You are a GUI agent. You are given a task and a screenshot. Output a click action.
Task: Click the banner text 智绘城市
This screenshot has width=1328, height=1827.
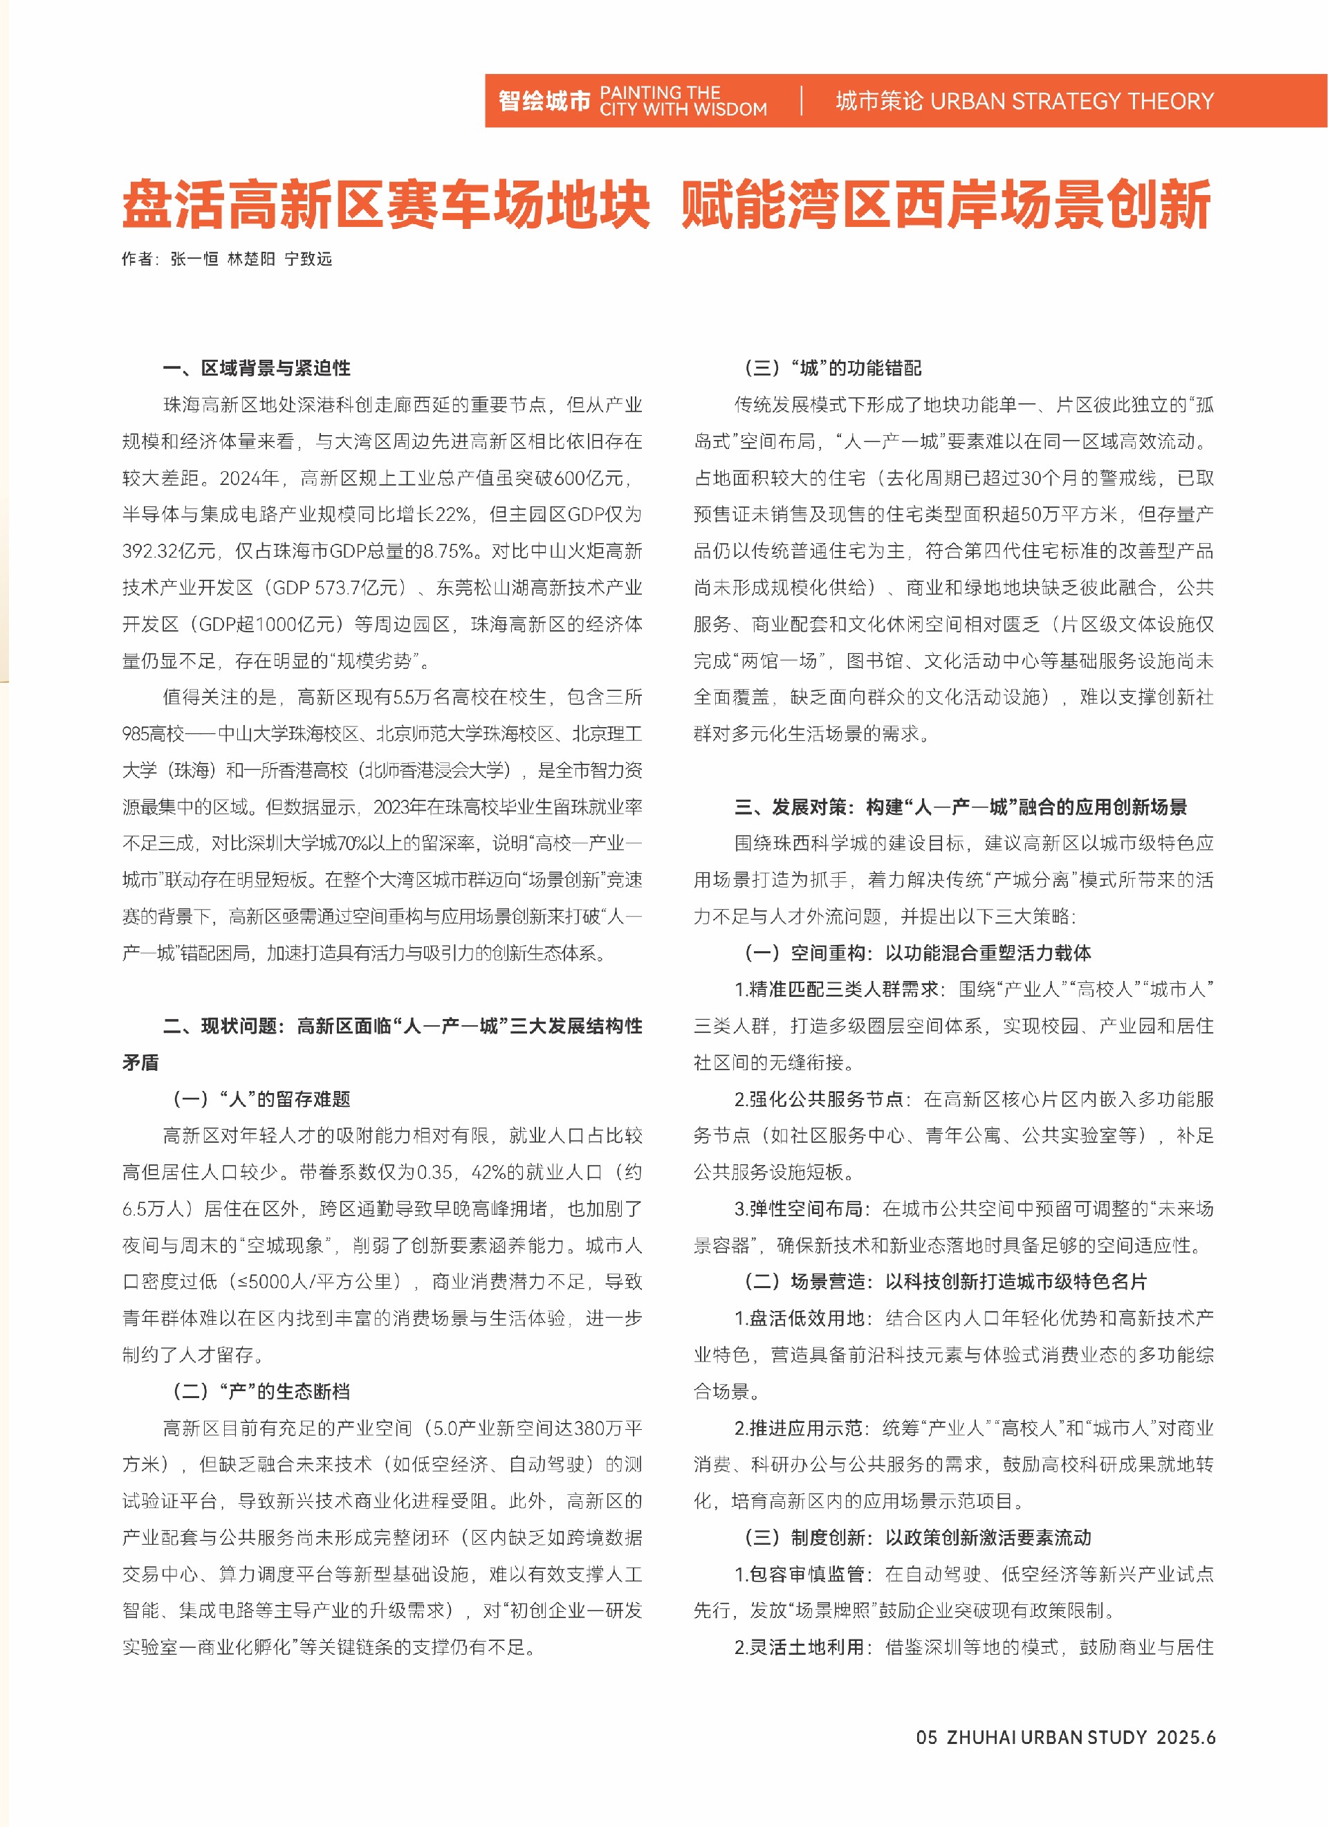[544, 101]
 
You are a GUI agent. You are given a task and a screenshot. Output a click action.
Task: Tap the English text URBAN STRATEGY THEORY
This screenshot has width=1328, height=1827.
[1071, 101]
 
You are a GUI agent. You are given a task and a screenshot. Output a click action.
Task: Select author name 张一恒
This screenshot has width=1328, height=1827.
[194, 259]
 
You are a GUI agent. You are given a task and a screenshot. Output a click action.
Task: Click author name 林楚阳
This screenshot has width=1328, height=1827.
[251, 259]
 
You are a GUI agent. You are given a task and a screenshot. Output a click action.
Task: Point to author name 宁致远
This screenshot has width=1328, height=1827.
[308, 259]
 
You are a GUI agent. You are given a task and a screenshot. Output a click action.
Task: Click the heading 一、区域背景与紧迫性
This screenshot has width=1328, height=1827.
[256, 368]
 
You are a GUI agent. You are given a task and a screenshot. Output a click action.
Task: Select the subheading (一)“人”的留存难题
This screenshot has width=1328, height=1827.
[261, 1099]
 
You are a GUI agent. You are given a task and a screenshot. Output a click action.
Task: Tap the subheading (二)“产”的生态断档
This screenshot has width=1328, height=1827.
[261, 1391]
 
